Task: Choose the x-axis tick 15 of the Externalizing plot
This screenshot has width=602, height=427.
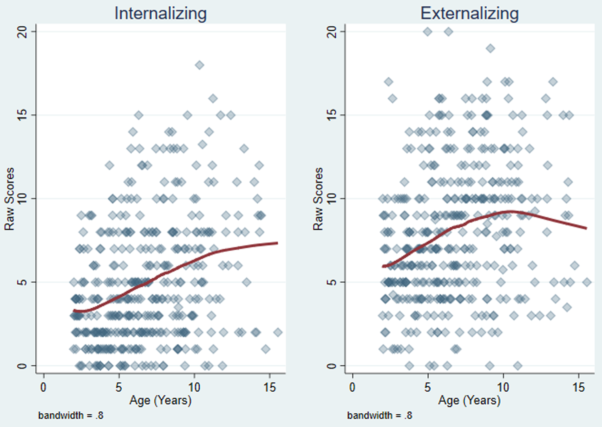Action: tap(579, 387)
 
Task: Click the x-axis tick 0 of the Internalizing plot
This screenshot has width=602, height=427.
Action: tap(44, 387)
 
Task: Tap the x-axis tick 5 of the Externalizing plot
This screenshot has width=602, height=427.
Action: tap(428, 387)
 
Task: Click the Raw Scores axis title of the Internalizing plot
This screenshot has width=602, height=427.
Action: tap(9, 199)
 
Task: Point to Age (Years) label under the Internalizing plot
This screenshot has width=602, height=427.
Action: tap(161, 400)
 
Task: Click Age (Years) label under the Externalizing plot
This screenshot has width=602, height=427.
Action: tap(469, 400)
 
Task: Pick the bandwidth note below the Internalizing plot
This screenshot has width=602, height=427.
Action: tap(71, 415)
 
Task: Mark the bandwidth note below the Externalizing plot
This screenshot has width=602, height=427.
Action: tap(380, 415)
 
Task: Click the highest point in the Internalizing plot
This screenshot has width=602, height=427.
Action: tap(199, 65)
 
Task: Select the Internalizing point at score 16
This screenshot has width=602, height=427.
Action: tap(213, 99)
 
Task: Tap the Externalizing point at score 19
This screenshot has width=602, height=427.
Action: tap(490, 48)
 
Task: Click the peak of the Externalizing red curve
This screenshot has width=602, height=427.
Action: tap(510, 211)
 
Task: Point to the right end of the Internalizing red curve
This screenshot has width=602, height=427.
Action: tap(277, 243)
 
